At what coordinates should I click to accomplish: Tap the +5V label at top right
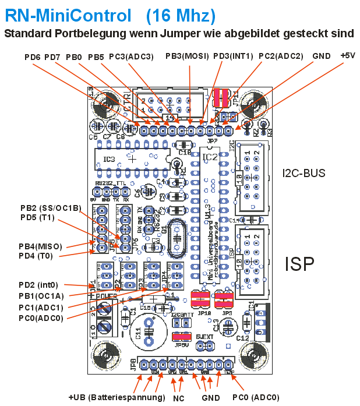[347, 57]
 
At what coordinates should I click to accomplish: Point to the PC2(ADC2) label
[281, 57]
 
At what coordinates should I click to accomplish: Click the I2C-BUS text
[303, 173]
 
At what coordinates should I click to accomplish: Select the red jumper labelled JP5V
[182, 337]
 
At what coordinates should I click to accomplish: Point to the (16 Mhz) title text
[181, 15]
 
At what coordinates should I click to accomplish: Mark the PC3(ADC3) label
[131, 57]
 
